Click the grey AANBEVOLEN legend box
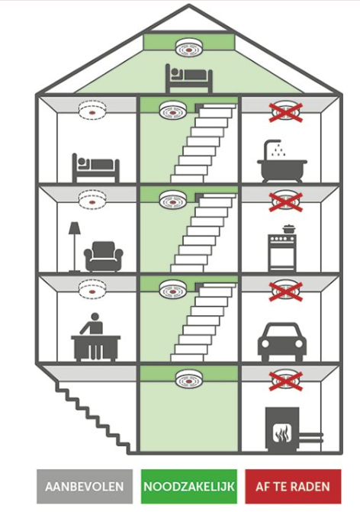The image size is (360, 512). coord(85,486)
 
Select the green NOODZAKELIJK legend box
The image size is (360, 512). coord(189,486)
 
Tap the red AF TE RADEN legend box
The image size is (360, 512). coord(293,486)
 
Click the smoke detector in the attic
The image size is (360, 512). coord(189,48)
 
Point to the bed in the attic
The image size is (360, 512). coord(189,79)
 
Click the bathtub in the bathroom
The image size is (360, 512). coord(282,170)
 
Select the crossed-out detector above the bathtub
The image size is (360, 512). coord(286,111)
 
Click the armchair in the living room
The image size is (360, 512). coord(104,256)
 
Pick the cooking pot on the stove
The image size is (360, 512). coord(288,229)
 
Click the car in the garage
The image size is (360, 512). coord(282,342)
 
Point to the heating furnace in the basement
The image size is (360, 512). coord(282,430)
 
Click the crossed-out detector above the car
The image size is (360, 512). coord(286,290)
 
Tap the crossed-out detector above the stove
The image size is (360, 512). coord(286,201)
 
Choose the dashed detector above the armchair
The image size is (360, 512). coord(92,198)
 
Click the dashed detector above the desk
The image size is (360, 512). coord(92,288)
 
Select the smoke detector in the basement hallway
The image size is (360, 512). coord(189,378)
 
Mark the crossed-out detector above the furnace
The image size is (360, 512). coord(286,380)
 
